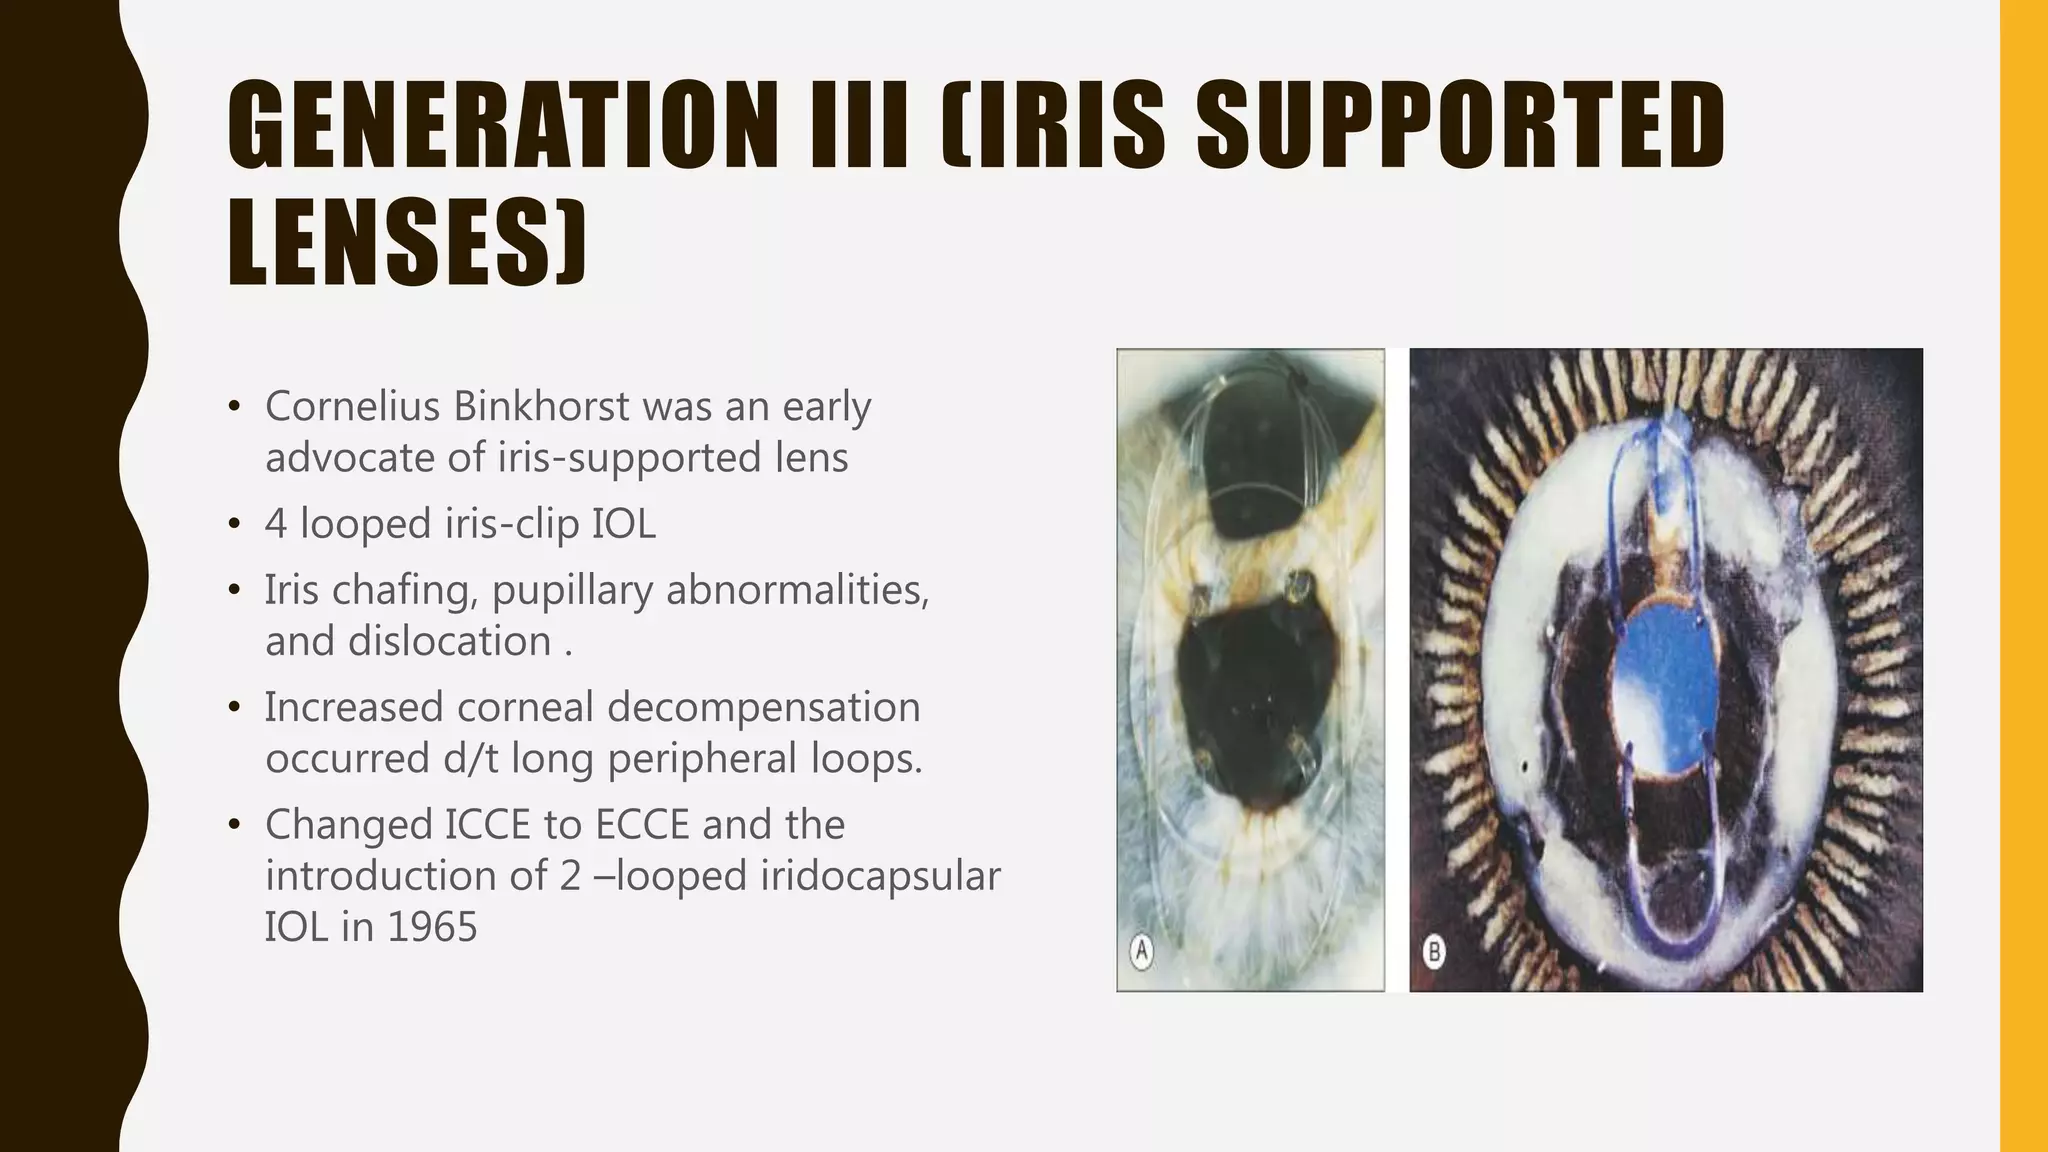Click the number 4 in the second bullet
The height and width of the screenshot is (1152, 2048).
coord(276,524)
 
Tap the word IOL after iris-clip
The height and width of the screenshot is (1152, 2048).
coord(623,524)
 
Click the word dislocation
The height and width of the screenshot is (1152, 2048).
coord(450,641)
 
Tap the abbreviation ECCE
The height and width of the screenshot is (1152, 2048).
coord(642,825)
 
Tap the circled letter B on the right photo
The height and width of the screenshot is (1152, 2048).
coord(1434,951)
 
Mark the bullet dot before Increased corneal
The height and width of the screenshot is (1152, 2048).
coord(234,708)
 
